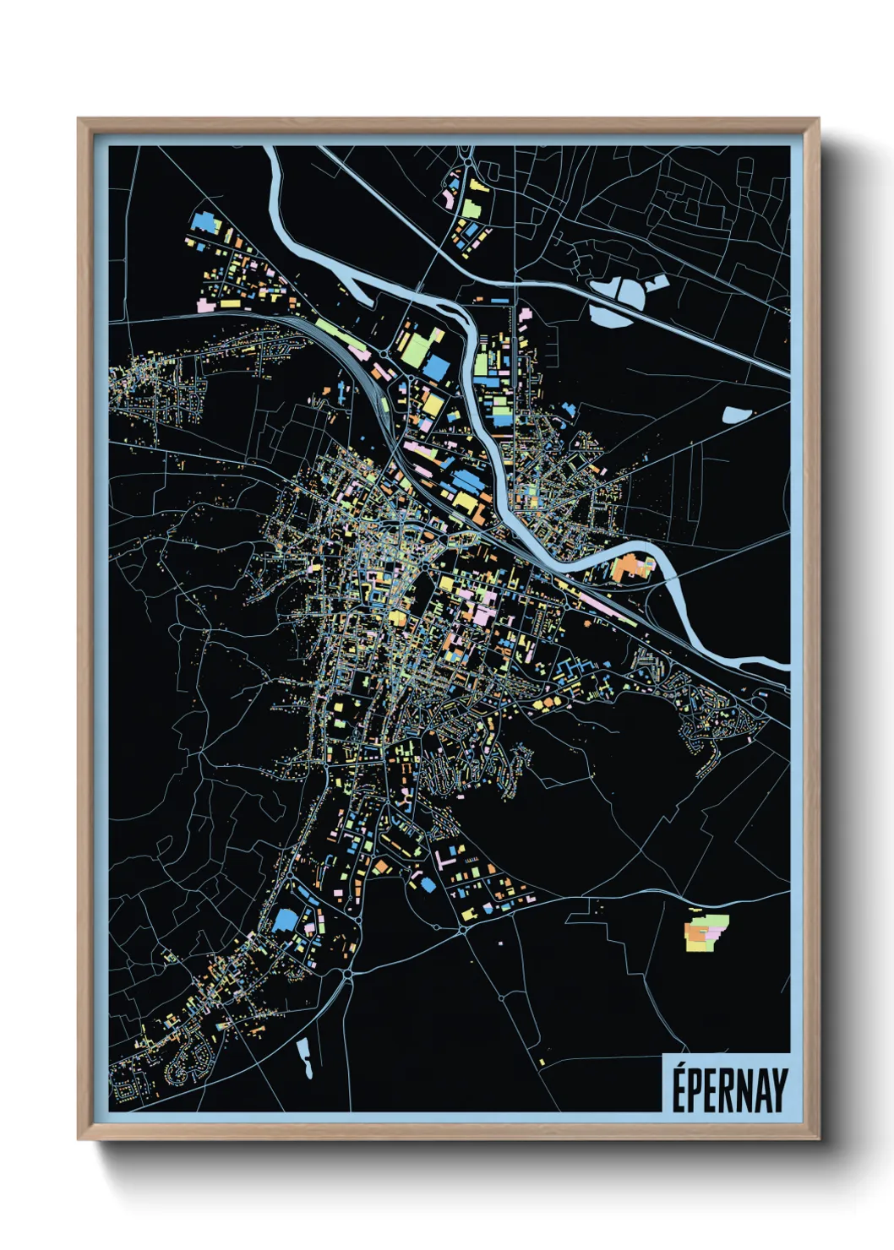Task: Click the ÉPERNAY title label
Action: (728, 1089)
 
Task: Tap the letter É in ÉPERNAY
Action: (679, 1089)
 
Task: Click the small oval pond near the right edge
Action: (736, 415)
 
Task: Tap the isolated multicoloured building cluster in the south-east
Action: (705, 931)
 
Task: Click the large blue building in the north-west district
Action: (205, 222)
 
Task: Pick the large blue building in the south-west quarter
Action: (285, 920)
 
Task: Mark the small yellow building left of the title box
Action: (542, 1062)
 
